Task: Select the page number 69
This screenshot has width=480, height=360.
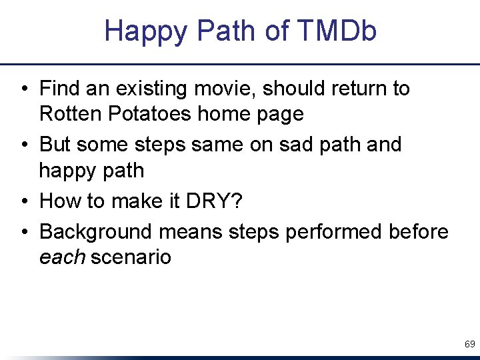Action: pos(469,345)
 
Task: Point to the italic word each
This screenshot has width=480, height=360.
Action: pos(62,257)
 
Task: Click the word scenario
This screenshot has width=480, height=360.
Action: pos(131,257)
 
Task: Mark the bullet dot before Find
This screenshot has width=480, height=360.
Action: pos(24,89)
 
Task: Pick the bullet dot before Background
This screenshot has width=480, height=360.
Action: pos(24,232)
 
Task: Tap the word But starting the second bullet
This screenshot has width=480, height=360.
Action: pos(56,145)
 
